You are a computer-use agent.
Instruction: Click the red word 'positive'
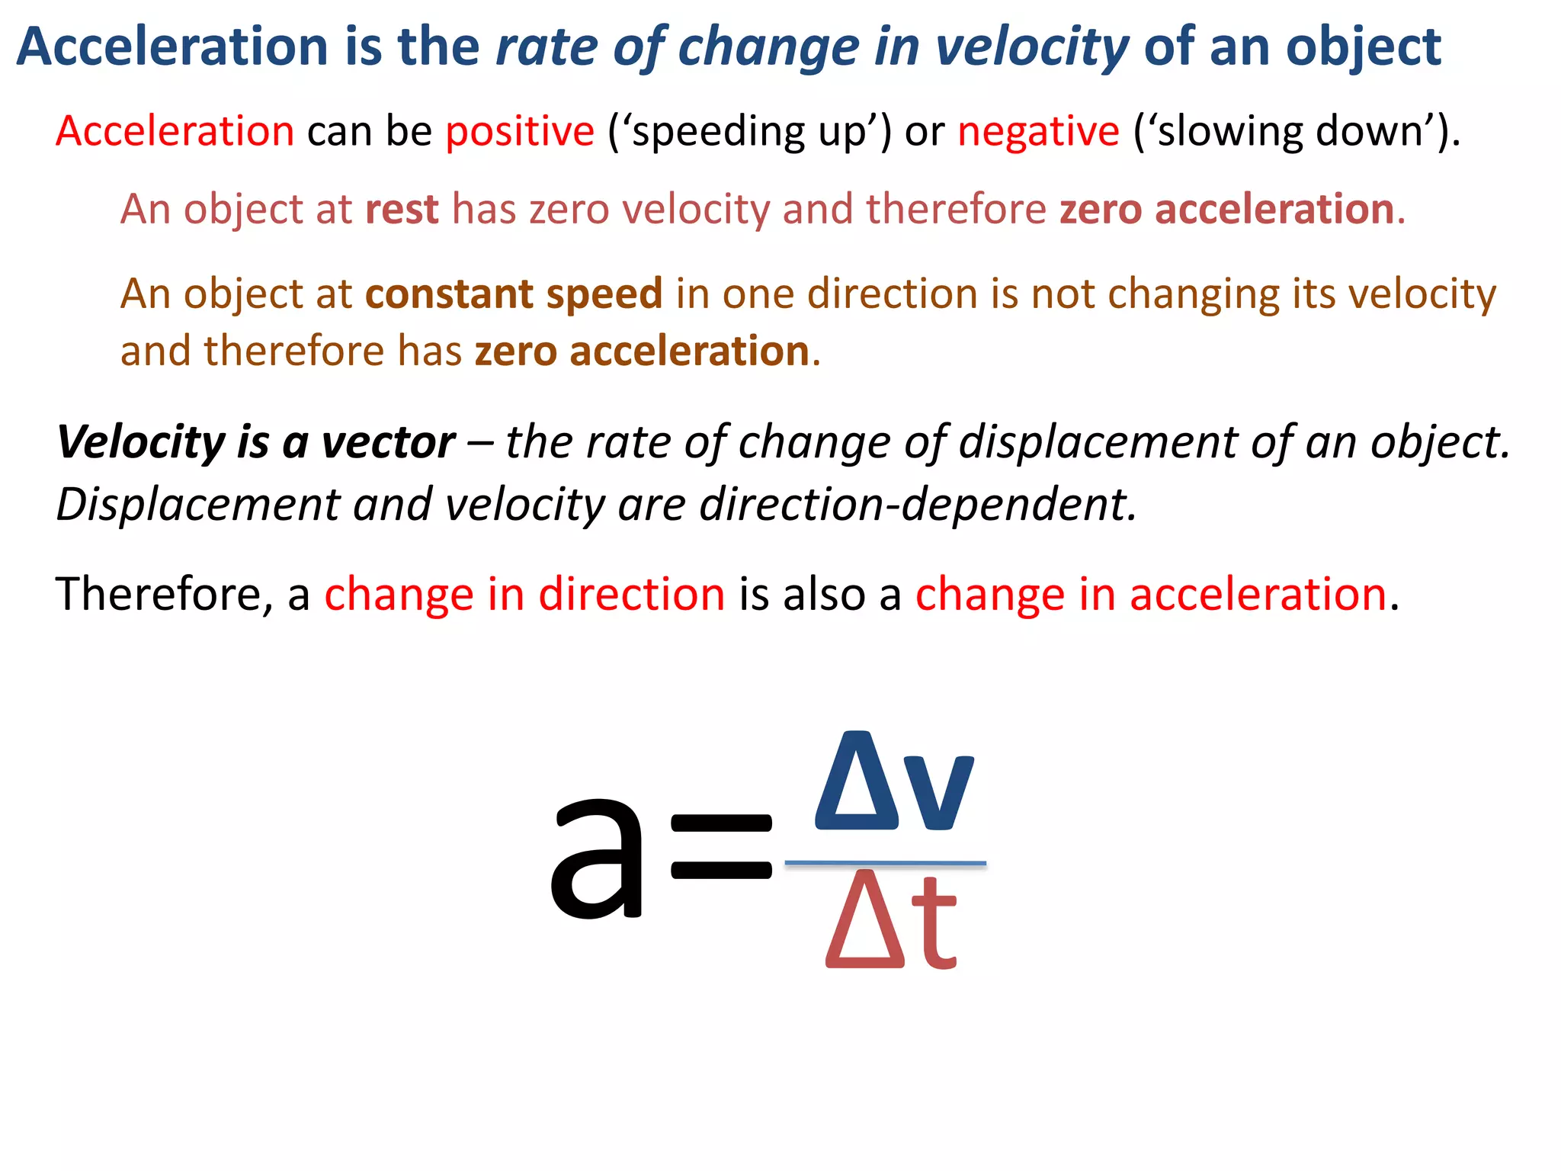click(519, 131)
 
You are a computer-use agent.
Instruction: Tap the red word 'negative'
click(1038, 131)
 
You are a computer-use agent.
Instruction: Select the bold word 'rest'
click(402, 209)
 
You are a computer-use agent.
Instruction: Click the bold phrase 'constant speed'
click(514, 294)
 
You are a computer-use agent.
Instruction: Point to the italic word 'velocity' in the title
click(1031, 47)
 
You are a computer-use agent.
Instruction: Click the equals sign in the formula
click(720, 846)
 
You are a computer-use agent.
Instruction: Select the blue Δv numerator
click(893, 781)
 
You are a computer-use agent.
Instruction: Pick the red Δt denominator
click(890, 921)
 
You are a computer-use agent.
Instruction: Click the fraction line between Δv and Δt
click(885, 863)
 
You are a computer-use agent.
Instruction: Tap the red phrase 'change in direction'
click(524, 594)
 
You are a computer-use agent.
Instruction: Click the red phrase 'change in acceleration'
click(1150, 594)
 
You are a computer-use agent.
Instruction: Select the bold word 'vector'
click(388, 442)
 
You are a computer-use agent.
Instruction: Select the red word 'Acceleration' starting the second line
click(175, 131)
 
